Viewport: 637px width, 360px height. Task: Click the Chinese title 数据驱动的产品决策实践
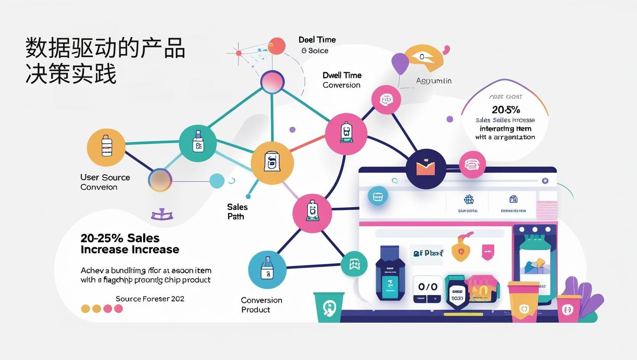click(x=105, y=61)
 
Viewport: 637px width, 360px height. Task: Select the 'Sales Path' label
click(x=237, y=212)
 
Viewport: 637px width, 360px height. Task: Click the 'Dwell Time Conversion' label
click(x=341, y=80)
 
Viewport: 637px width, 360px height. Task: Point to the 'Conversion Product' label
click(x=261, y=305)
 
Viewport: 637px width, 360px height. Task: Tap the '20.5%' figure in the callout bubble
click(x=505, y=109)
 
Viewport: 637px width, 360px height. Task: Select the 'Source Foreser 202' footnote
click(x=150, y=299)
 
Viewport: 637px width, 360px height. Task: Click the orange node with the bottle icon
click(x=106, y=147)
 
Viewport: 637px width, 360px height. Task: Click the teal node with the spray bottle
click(x=198, y=143)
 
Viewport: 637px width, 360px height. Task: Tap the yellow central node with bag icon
click(x=272, y=163)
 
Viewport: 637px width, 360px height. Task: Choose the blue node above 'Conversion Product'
click(x=267, y=269)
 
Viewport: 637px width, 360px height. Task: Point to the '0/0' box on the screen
click(x=428, y=286)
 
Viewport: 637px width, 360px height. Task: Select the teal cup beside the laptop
click(x=329, y=307)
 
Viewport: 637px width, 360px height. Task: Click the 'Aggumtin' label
click(x=434, y=81)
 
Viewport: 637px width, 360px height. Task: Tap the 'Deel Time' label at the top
click(x=317, y=40)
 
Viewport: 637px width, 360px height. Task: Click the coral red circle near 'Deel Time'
click(x=277, y=46)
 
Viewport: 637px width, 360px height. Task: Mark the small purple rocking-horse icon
click(x=162, y=214)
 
